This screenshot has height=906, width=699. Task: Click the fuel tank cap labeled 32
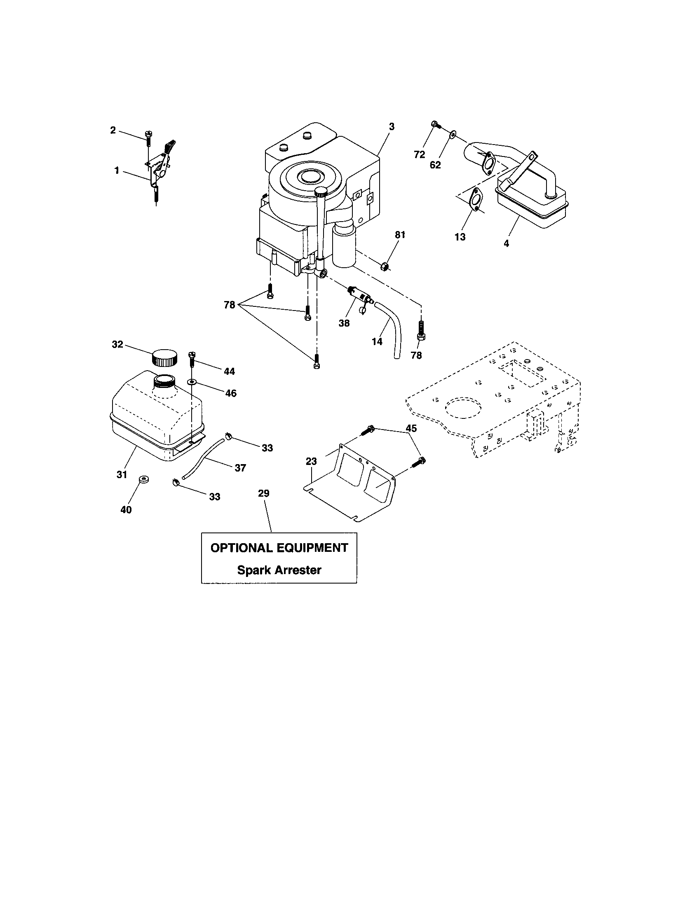[164, 357]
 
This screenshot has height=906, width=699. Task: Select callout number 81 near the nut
[399, 235]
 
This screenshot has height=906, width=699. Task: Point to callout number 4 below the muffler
[506, 244]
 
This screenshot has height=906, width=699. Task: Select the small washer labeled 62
[453, 133]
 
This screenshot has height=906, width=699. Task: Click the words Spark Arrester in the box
[279, 570]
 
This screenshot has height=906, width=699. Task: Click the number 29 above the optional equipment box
[264, 493]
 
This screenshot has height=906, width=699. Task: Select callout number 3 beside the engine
[392, 126]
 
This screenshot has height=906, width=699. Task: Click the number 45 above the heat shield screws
[411, 428]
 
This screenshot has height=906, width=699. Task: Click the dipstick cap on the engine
[321, 191]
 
